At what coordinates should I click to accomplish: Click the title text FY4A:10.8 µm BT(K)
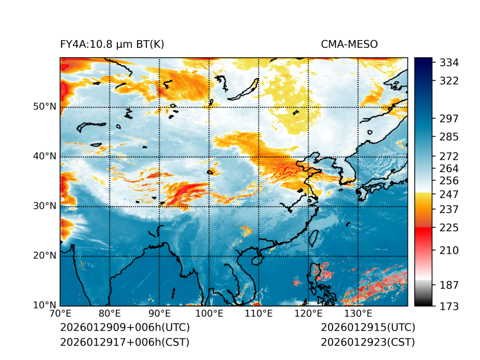click(x=112, y=44)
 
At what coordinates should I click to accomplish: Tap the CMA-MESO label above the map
click(x=349, y=44)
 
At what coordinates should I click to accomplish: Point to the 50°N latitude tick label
click(x=45, y=107)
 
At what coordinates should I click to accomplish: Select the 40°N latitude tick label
click(x=45, y=156)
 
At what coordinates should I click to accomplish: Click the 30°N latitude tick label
click(x=45, y=206)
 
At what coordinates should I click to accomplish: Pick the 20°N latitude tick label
click(x=45, y=256)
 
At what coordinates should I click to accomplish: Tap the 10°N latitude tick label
click(x=45, y=305)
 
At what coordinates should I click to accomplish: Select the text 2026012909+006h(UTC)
click(x=124, y=328)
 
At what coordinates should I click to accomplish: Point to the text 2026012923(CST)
click(x=368, y=342)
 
